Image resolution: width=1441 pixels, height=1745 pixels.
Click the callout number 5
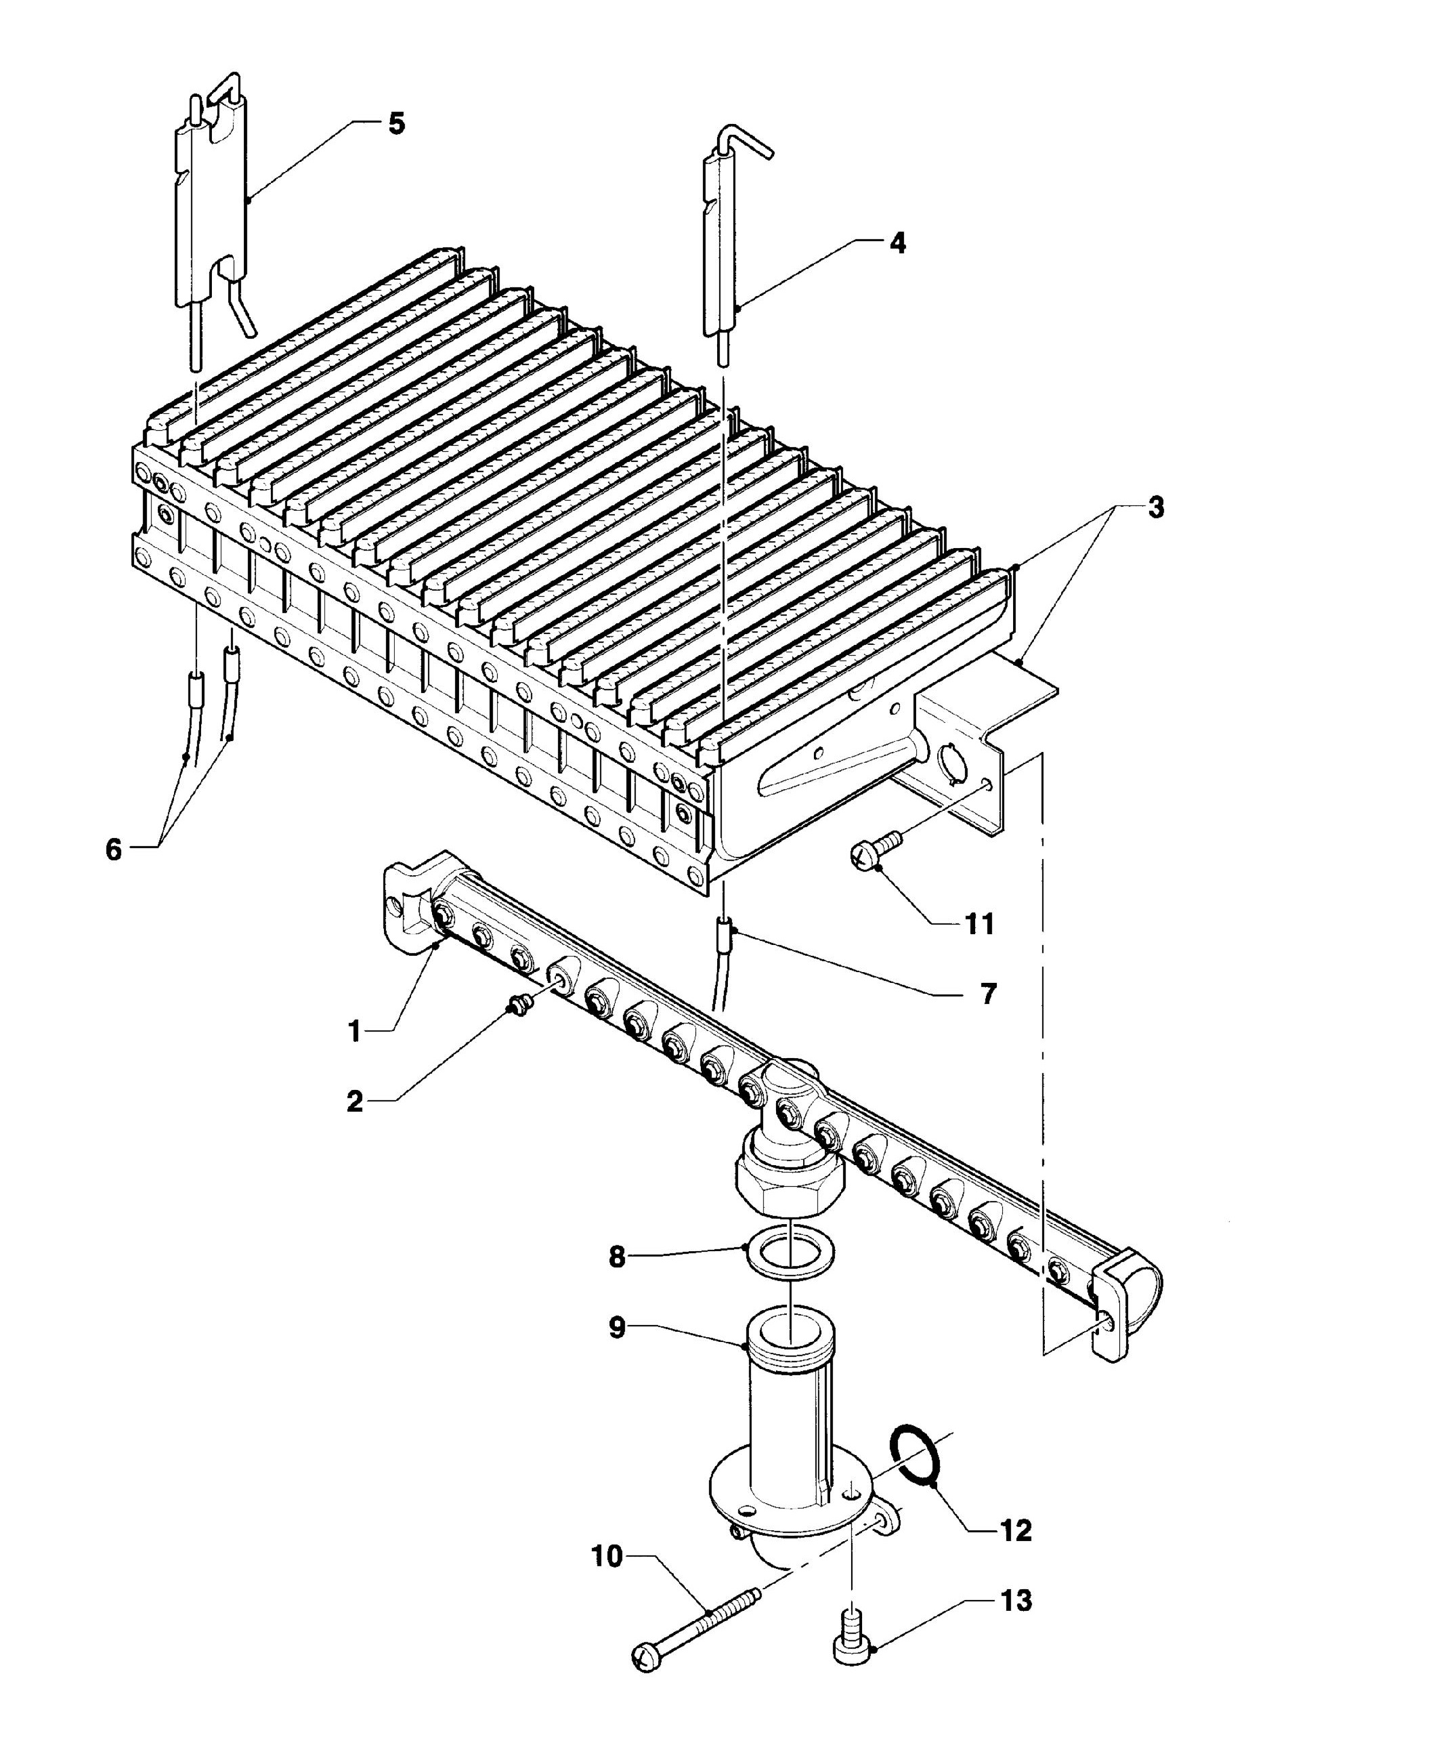pyautogui.click(x=397, y=124)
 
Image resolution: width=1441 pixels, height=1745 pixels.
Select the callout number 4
pyautogui.click(x=897, y=243)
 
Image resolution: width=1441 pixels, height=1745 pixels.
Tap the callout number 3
pyautogui.click(x=1155, y=507)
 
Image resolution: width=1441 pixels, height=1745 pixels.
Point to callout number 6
pyautogui.click(x=113, y=849)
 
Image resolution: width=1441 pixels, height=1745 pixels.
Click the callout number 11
pyautogui.click(x=981, y=923)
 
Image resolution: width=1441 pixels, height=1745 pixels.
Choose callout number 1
pyautogui.click(x=354, y=1032)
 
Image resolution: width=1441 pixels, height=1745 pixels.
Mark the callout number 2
pyautogui.click(x=354, y=1101)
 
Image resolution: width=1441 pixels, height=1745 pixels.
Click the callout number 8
pyautogui.click(x=617, y=1257)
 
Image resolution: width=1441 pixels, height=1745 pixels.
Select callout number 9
pyautogui.click(x=617, y=1328)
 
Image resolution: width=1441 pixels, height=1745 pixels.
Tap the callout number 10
pyautogui.click(x=607, y=1557)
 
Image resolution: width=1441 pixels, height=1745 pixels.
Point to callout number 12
pyautogui.click(x=1016, y=1530)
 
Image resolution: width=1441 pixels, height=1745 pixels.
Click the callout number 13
pyautogui.click(x=1016, y=1600)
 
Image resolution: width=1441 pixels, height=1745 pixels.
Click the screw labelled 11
pyautogui.click(x=875, y=849)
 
